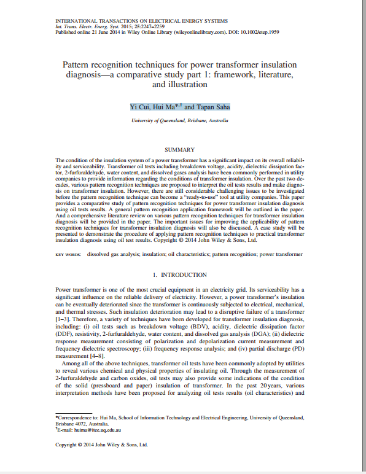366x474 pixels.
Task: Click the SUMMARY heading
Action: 180,149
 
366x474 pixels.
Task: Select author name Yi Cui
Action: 140,107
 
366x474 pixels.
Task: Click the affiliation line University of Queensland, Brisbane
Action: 180,122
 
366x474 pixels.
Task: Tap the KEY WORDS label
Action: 68,254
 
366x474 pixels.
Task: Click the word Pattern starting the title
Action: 77,64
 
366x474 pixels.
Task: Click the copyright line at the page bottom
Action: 102,444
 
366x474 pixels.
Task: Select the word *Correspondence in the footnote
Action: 77,417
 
